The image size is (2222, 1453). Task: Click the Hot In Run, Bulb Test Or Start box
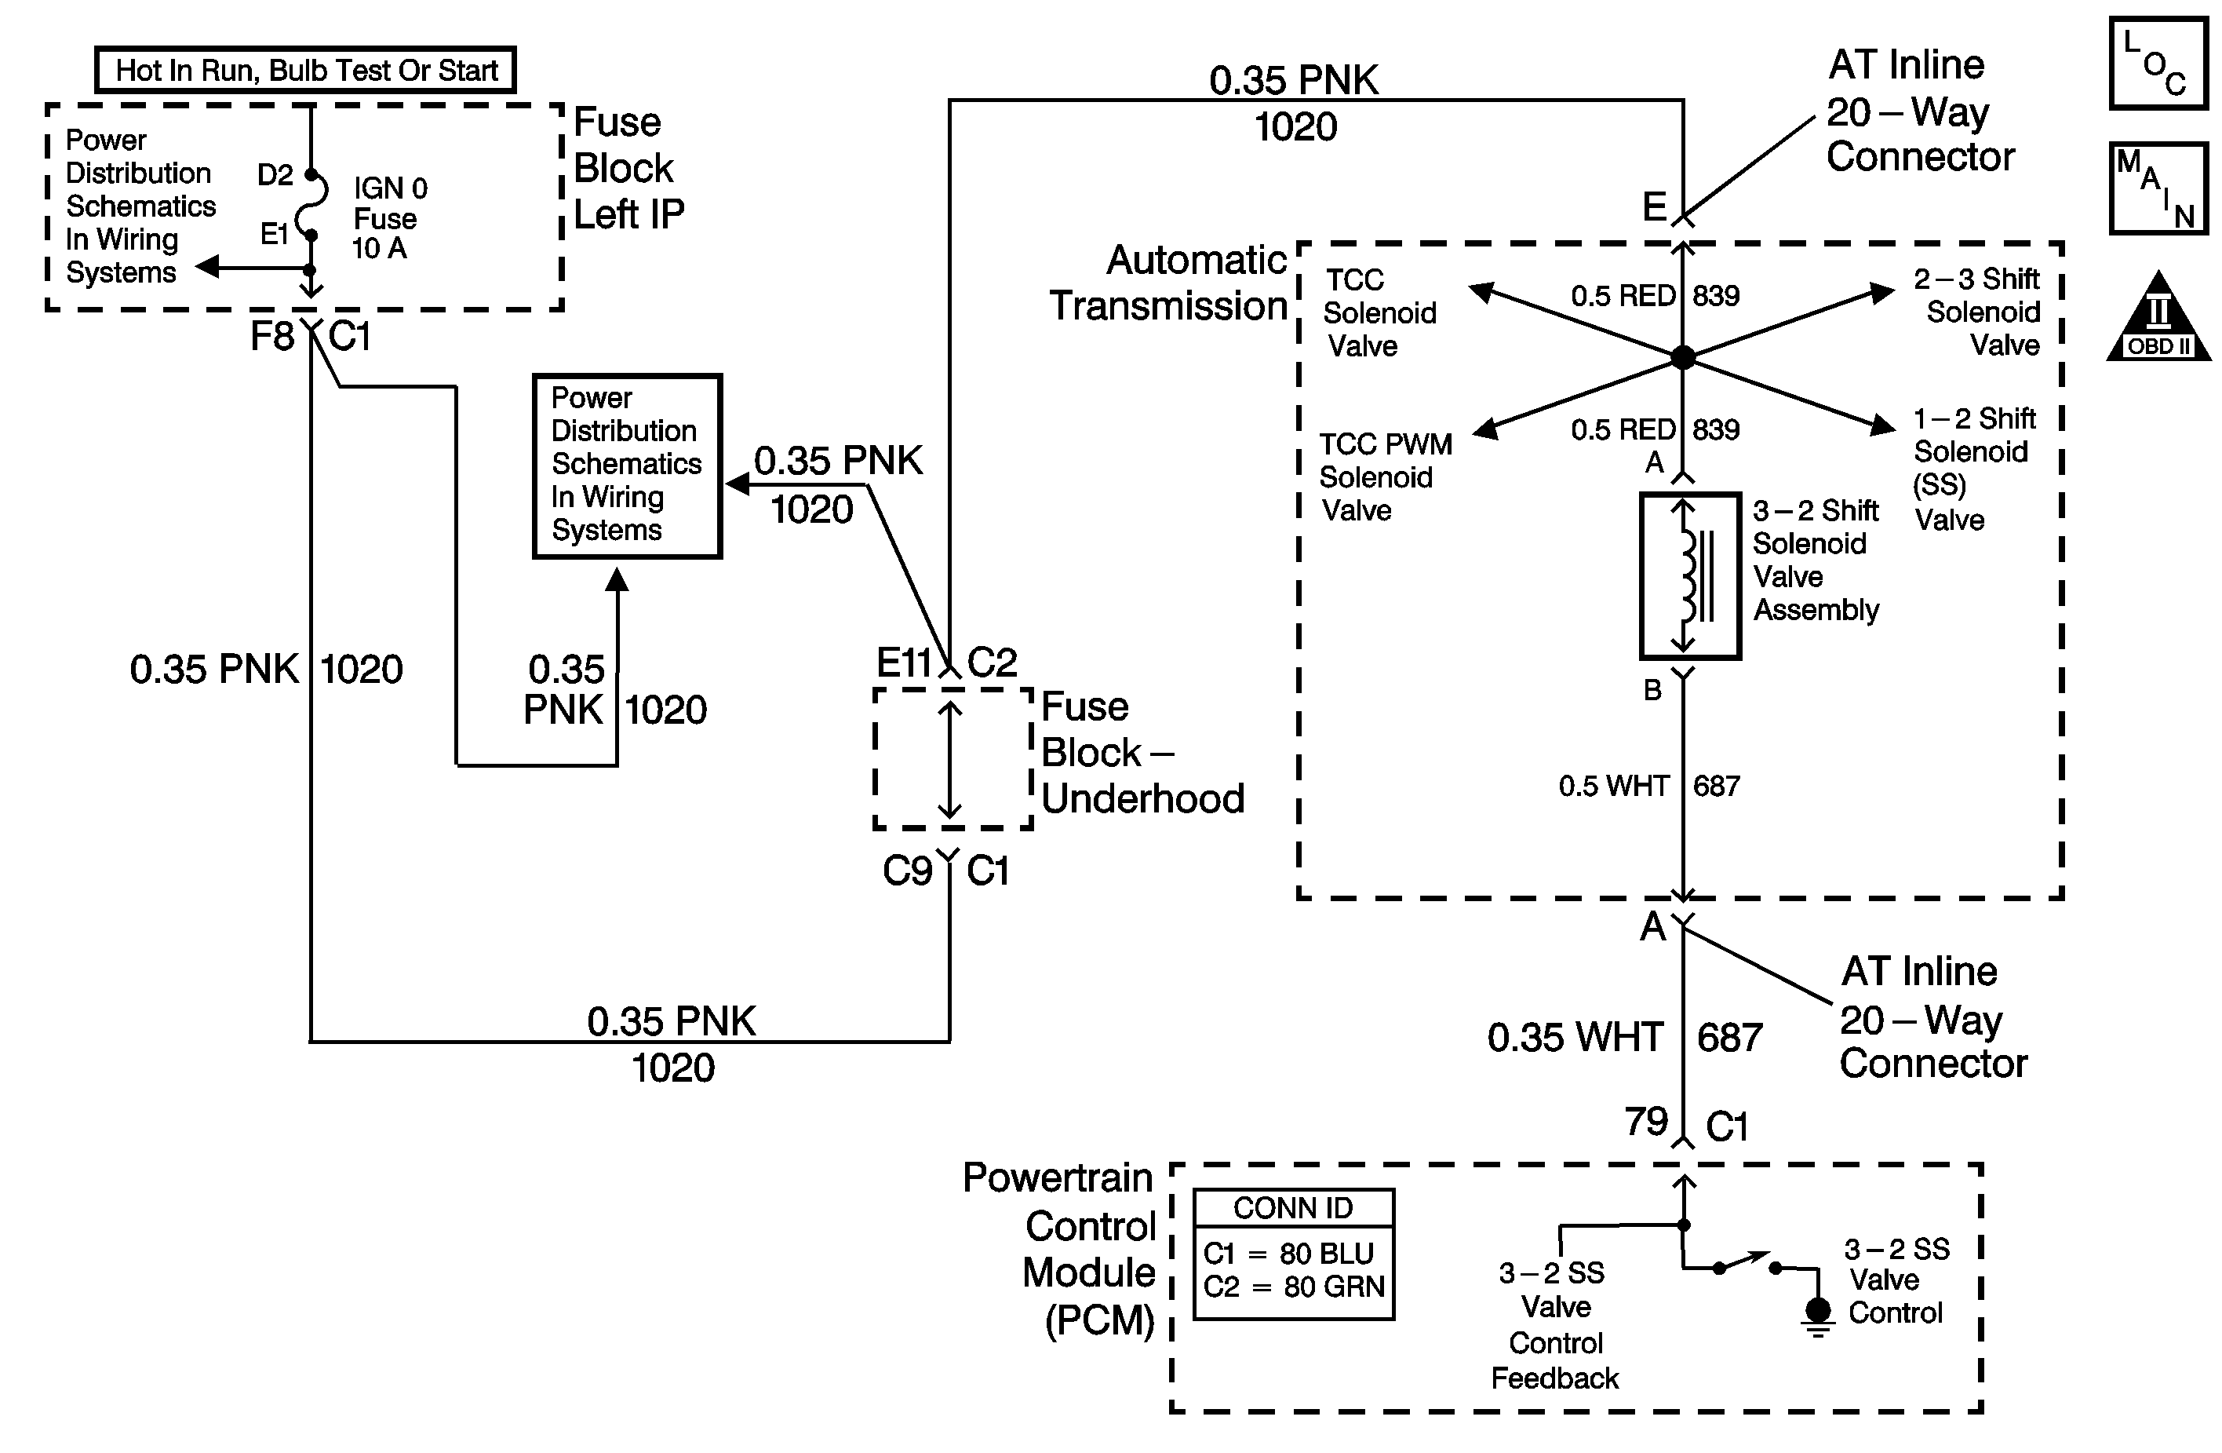pos(305,70)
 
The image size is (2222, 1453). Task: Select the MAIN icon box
pos(2158,188)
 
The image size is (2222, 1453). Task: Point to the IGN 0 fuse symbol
pos(311,206)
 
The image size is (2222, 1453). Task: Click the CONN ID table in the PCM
pos(1293,1253)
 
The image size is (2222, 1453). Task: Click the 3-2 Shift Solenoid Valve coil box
pos(1690,576)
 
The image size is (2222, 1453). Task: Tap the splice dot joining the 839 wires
pos(1682,356)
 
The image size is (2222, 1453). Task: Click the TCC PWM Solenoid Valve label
pos(1385,476)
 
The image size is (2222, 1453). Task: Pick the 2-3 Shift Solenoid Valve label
pos(1978,311)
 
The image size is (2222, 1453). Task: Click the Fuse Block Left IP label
pos(628,168)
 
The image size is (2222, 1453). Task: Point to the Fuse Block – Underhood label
pos(1141,753)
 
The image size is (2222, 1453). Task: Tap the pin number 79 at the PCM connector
pos(1645,1121)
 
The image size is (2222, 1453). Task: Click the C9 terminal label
pos(906,871)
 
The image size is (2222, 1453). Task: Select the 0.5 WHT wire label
pos(1612,785)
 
